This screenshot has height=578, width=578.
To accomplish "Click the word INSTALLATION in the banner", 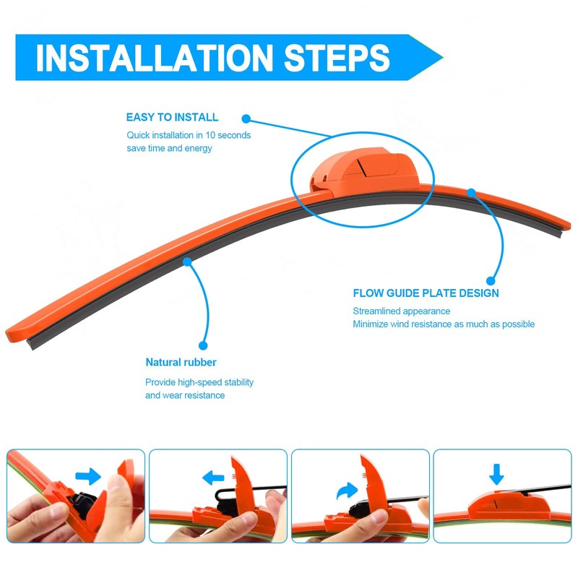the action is (154, 58).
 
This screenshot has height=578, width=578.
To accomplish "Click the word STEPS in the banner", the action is (337, 58).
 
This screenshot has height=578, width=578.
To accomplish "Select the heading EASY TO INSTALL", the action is (172, 117).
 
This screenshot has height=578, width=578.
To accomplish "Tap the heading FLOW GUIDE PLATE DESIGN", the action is (426, 293).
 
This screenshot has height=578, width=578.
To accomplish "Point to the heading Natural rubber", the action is (181, 362).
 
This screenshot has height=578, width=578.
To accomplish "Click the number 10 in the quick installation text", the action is (210, 135).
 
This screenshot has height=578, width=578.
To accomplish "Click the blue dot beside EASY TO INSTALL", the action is (246, 118).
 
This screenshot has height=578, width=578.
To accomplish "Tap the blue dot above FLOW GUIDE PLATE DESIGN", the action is (491, 281).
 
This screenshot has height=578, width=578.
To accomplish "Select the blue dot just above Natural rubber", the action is (203, 345).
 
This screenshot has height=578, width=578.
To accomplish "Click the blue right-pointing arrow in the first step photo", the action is (88, 476).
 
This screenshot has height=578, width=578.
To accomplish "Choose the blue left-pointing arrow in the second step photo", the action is (213, 478).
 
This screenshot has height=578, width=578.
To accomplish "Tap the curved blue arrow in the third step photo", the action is (347, 491).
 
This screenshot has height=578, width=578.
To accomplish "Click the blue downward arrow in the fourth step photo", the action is (496, 475).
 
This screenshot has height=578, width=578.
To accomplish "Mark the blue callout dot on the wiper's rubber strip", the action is (187, 262).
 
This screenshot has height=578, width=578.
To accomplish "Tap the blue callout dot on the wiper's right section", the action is (471, 192).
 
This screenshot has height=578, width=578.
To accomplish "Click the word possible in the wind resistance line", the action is (518, 324).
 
